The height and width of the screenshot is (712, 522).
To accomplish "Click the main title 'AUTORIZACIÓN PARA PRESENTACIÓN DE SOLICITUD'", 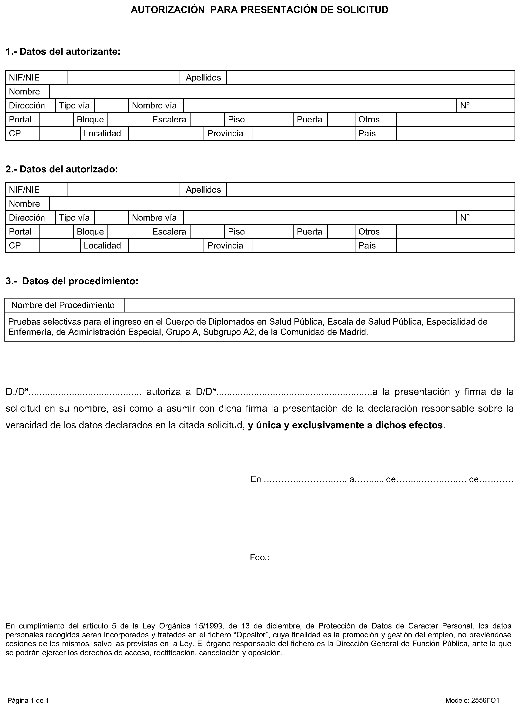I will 259,10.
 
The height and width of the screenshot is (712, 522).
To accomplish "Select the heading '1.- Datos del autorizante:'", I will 63,51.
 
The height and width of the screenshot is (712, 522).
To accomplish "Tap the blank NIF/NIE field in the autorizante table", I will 123,78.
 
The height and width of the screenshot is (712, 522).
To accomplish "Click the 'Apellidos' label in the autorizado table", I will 203,190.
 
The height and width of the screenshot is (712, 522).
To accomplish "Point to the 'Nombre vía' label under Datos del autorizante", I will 154,106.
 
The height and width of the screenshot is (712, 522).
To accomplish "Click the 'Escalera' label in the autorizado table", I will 169,232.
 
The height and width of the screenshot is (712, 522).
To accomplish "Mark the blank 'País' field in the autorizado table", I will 455,245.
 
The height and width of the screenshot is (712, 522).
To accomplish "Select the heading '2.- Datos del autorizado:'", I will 62,169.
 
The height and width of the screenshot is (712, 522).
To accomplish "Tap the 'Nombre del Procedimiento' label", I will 63,305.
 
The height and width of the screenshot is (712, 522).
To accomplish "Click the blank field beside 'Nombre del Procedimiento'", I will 319,305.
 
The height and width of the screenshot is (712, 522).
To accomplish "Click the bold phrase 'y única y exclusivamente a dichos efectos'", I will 345,425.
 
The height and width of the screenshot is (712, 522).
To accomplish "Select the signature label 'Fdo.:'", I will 259,558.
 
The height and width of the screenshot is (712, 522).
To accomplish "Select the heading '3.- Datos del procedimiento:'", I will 72,281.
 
